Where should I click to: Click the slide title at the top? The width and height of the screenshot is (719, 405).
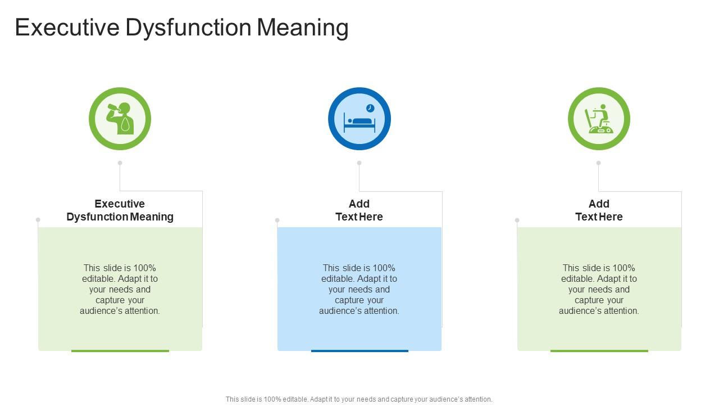click(181, 28)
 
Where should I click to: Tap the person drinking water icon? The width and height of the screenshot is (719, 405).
click(120, 119)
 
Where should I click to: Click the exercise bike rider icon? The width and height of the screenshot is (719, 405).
click(599, 119)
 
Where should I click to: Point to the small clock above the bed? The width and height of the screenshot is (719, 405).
click(370, 108)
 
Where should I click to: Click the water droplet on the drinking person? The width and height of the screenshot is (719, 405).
click(125, 124)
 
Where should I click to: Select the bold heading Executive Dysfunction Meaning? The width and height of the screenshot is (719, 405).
click(120, 210)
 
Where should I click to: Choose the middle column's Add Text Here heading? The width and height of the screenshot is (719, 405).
click(359, 210)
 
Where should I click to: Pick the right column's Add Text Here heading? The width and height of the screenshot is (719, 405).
click(599, 210)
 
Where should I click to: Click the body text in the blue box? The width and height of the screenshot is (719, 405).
click(359, 289)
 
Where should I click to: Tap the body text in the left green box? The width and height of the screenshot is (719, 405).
click(120, 289)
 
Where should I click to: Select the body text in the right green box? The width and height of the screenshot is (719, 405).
click(599, 289)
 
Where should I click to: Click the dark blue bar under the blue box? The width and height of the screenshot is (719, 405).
click(359, 350)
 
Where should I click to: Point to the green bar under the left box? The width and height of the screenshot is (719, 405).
click(120, 350)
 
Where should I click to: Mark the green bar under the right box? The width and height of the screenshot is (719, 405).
click(599, 350)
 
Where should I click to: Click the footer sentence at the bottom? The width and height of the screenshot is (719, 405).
click(359, 399)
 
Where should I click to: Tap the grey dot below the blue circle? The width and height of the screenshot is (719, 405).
click(359, 163)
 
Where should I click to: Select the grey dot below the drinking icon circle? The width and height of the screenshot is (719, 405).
click(120, 163)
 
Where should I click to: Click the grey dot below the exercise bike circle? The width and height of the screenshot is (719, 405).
click(599, 163)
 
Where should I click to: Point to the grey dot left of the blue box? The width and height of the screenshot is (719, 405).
click(277, 220)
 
